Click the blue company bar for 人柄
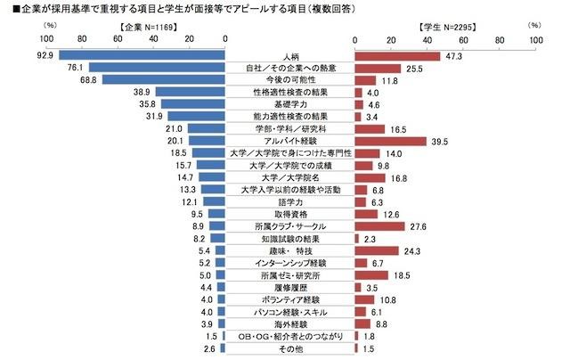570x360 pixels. point(141,55)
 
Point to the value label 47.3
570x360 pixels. point(455,56)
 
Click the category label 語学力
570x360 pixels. point(289,202)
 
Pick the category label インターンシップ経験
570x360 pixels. point(289,264)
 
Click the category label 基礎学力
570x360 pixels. point(289,104)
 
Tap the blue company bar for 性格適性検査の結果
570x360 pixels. point(190,92)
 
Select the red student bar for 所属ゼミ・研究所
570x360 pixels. point(371,275)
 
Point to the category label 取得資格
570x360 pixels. point(289,215)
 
